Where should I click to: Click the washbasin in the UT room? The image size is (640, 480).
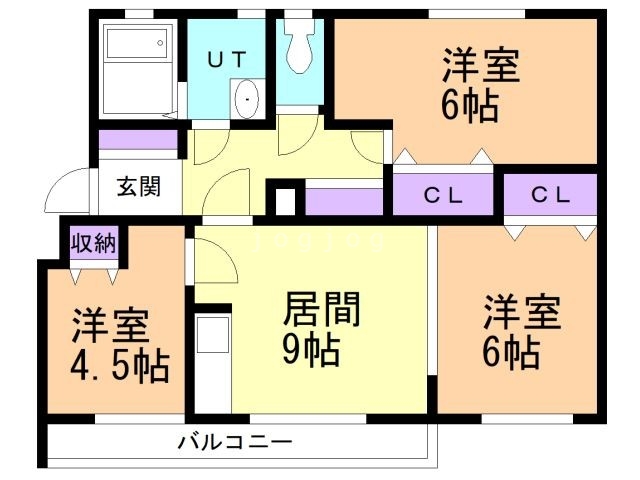click(246, 101)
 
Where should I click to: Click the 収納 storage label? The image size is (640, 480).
click(92, 243)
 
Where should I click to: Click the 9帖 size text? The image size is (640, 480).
click(309, 351)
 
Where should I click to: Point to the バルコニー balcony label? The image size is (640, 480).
click(235, 440)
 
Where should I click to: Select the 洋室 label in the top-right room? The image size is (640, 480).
click(481, 66)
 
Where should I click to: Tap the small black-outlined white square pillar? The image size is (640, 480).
click(285, 199)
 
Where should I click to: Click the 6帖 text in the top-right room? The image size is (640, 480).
click(468, 106)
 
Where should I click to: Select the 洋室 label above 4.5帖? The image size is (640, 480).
click(110, 327)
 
